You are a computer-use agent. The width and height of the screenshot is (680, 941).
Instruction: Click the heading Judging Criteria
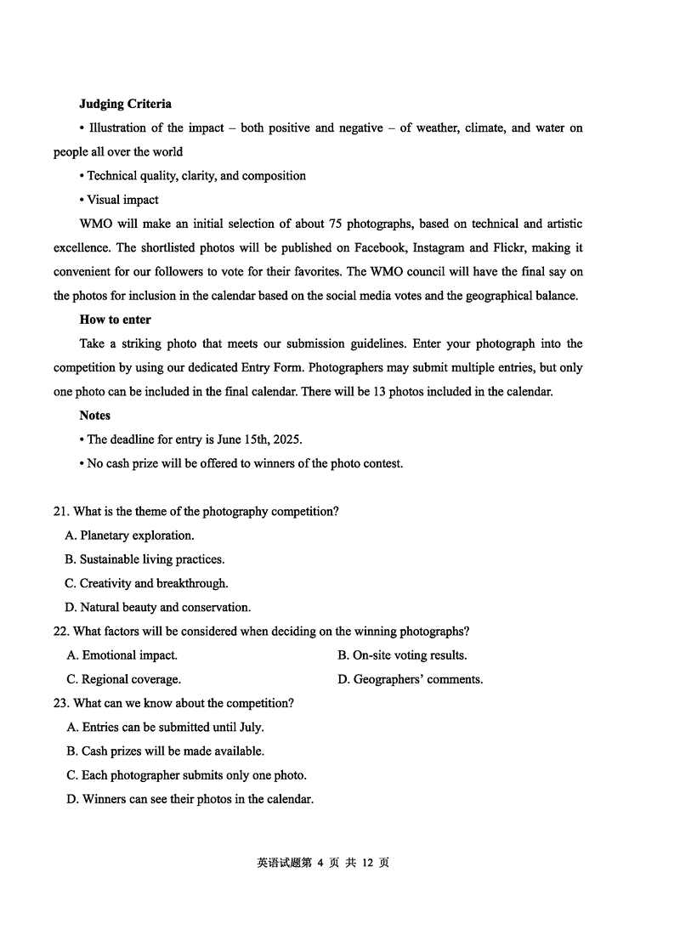125,104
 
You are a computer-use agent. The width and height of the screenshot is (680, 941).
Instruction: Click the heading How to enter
115,320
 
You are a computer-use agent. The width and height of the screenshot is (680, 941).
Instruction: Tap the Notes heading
95,416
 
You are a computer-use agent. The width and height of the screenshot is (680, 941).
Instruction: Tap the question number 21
60,512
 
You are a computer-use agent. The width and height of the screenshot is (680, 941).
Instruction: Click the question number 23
60,703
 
